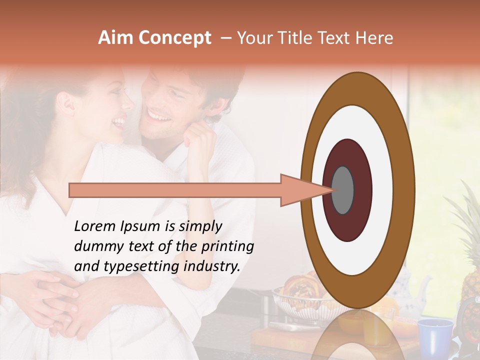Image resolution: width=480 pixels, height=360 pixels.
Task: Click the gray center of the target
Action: click(342, 190)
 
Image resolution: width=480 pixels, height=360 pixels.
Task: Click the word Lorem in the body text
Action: click(94, 226)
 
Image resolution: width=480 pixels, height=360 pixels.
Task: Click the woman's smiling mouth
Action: click(119, 122)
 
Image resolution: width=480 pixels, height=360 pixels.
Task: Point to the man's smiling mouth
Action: click(158, 116)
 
